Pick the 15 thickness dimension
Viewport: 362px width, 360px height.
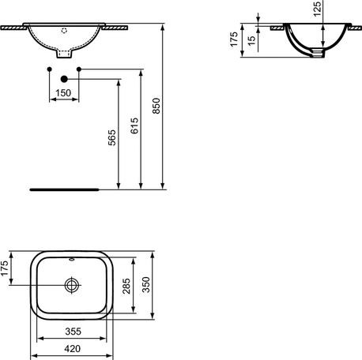[251, 39]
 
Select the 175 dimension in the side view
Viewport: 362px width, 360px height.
[235, 39]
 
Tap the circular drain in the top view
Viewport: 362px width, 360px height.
[73, 284]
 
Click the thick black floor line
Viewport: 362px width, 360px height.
[63, 189]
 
